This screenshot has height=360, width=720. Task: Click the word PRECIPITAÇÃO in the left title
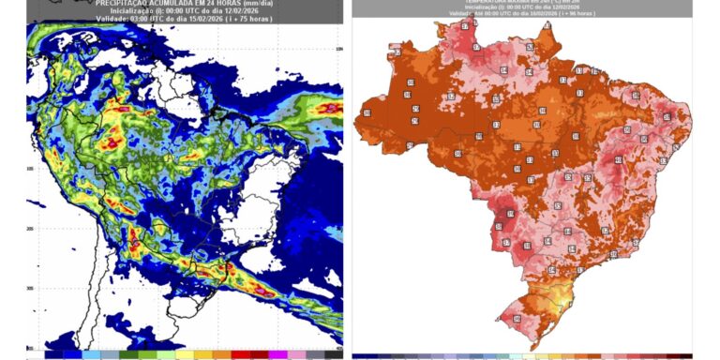[x=126, y=3]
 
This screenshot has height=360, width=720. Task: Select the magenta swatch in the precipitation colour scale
[x=277, y=355]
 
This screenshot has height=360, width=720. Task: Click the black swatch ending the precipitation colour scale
[x=333, y=355]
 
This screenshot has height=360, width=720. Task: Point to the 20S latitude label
[x=31, y=228]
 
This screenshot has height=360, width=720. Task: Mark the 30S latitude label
[x=31, y=287]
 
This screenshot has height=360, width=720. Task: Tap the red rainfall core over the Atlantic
[x=328, y=109]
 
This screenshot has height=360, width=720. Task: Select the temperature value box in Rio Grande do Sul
[x=517, y=322]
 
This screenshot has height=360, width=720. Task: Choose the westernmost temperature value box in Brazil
[x=367, y=112]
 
